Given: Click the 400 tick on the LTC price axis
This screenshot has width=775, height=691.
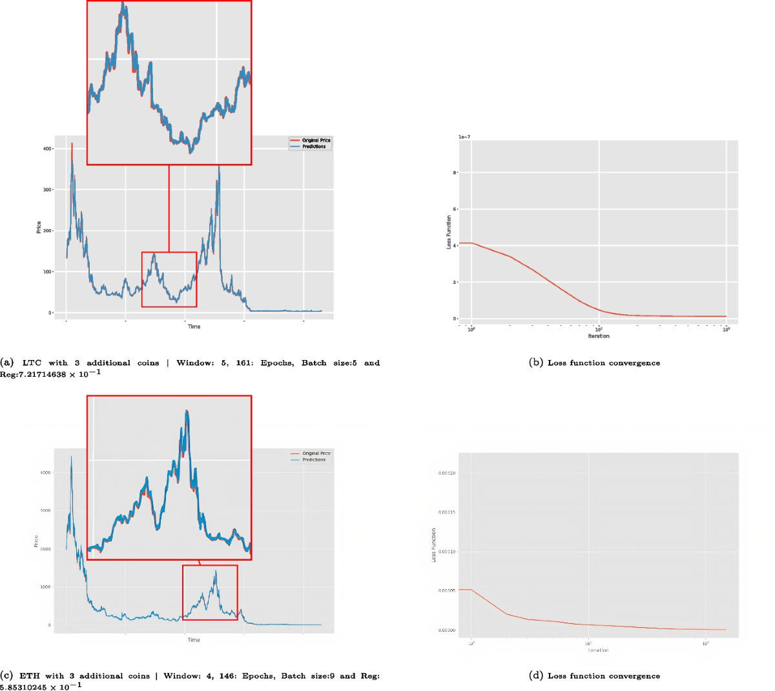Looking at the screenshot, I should [46, 149].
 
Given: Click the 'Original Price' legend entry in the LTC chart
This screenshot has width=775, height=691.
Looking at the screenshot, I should [316, 140].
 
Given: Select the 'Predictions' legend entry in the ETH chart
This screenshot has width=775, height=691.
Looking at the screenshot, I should [314, 459].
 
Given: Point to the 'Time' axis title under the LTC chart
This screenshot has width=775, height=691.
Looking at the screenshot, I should [194, 326].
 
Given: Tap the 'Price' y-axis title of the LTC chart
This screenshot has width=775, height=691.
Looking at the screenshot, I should [39, 227].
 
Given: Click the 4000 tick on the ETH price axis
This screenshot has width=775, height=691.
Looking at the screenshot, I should [45, 473].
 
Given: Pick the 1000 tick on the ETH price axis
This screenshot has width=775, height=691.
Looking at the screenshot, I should [45, 587].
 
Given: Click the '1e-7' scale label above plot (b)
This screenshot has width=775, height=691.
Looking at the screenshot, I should [464, 137].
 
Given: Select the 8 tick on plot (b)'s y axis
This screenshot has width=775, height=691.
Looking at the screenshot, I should [455, 173].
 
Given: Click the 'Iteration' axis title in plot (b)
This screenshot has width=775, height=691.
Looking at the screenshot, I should [598, 336].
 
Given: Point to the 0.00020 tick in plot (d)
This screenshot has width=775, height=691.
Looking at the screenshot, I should [447, 474].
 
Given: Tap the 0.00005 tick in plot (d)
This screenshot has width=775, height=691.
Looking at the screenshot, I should [447, 591].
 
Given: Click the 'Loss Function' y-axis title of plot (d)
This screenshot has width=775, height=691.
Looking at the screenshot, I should [433, 545].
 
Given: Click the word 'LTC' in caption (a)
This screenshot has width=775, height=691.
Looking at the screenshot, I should [32, 363].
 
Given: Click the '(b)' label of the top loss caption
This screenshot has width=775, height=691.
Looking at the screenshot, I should [535, 363].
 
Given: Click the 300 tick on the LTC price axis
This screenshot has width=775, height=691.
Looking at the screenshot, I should [46, 190].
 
